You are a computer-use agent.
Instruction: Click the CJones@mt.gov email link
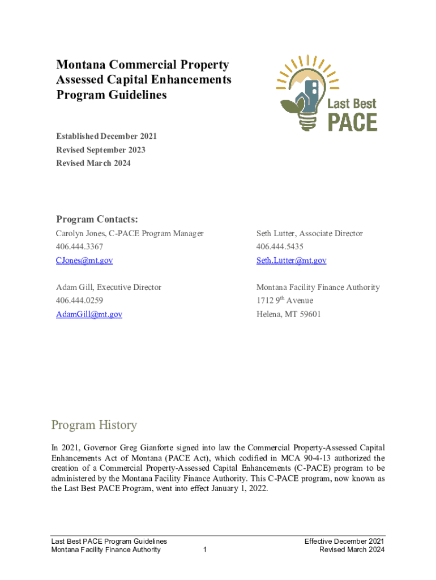pyautogui.click(x=84, y=261)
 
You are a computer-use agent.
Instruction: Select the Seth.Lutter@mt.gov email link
pyautogui.click(x=291, y=261)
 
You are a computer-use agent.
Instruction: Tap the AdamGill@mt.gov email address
pyautogui.click(x=89, y=314)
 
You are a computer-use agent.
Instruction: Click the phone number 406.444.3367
pyautogui.click(x=80, y=247)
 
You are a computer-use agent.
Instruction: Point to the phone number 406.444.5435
pyautogui.click(x=280, y=247)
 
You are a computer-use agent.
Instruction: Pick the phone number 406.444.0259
pyautogui.click(x=80, y=300)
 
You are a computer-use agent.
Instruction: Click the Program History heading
pyautogui.click(x=94, y=425)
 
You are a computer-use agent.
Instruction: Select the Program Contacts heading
pyautogui.click(x=97, y=219)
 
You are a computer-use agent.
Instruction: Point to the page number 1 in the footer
pyautogui.click(x=204, y=550)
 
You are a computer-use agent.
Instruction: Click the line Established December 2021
pyautogui.click(x=106, y=137)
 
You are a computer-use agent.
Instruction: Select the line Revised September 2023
pyautogui.click(x=101, y=150)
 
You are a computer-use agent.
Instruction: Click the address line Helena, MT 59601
pyautogui.click(x=288, y=314)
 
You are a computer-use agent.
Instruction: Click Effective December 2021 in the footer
pyautogui.click(x=344, y=541)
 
